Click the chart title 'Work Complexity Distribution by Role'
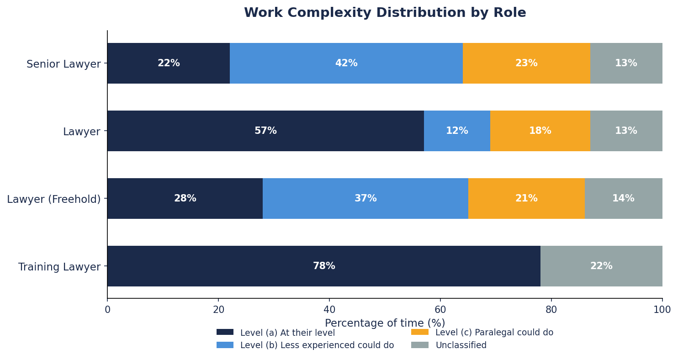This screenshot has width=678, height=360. [x=385, y=13]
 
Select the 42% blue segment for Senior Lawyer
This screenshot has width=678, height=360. [x=346, y=64]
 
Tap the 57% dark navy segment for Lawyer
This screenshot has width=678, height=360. [x=265, y=131]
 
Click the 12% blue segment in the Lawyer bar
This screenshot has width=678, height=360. [x=457, y=131]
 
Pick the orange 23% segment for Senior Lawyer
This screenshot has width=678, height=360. [x=526, y=64]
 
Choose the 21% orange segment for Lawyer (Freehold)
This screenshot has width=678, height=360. [x=526, y=199]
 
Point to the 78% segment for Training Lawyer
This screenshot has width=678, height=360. [x=323, y=266]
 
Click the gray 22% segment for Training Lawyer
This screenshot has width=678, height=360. [x=601, y=266]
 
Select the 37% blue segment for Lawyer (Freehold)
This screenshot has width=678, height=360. [x=365, y=199]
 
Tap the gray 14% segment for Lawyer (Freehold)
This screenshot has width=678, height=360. [x=623, y=199]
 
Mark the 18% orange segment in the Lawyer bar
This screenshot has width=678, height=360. [x=540, y=131]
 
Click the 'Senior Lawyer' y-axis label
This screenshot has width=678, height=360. [x=64, y=64]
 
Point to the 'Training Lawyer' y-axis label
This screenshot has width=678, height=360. [x=59, y=267]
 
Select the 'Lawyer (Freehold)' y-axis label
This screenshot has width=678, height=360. [x=54, y=199]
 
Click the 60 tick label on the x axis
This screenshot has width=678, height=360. [x=440, y=310]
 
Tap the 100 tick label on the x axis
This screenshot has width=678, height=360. [x=662, y=310]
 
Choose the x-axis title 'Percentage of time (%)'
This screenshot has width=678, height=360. [x=385, y=323]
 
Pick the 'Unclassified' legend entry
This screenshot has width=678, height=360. [x=461, y=345]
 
